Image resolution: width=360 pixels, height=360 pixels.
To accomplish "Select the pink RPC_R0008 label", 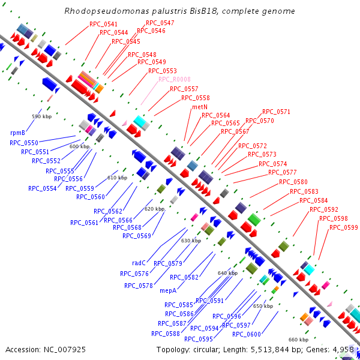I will click(174, 79).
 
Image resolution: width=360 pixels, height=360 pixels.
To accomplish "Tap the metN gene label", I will click(200, 107).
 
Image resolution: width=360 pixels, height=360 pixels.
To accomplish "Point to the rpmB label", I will click(17, 133).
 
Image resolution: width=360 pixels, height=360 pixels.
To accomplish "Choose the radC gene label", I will click(139, 262).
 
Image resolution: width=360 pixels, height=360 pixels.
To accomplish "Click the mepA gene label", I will click(168, 290).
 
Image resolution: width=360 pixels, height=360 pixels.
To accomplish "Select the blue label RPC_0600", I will click(247, 334).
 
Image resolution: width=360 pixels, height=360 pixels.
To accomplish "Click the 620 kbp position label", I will click(154, 209).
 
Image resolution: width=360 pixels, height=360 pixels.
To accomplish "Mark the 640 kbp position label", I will click(227, 273).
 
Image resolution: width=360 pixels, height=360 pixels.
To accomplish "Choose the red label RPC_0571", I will click(276, 112).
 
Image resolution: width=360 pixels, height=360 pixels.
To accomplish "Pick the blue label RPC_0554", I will click(42, 188).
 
